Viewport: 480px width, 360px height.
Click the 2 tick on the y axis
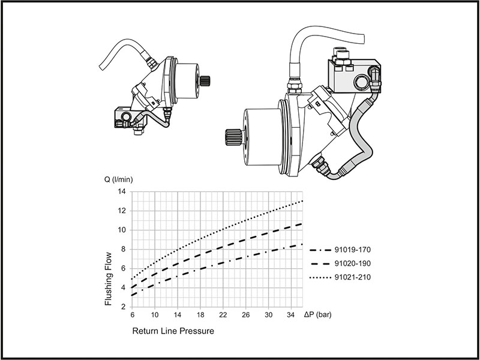click(x=124, y=307)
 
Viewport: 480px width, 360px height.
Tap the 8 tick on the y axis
click(x=124, y=249)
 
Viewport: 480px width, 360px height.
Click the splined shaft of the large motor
click(x=233, y=139)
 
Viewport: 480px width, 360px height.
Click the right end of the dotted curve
click(x=302, y=200)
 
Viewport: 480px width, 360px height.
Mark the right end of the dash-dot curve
click(x=302, y=244)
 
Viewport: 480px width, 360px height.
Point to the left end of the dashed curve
click(x=132, y=288)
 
